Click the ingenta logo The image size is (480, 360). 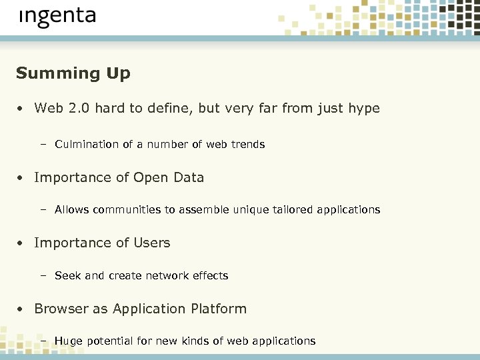[57, 17]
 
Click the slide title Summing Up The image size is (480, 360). [73, 73]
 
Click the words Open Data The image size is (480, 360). [169, 177]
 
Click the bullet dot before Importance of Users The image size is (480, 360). [22, 243]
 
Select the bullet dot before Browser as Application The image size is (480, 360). [22, 309]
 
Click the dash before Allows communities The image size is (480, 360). [43, 210]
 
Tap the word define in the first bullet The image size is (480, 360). [169, 108]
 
